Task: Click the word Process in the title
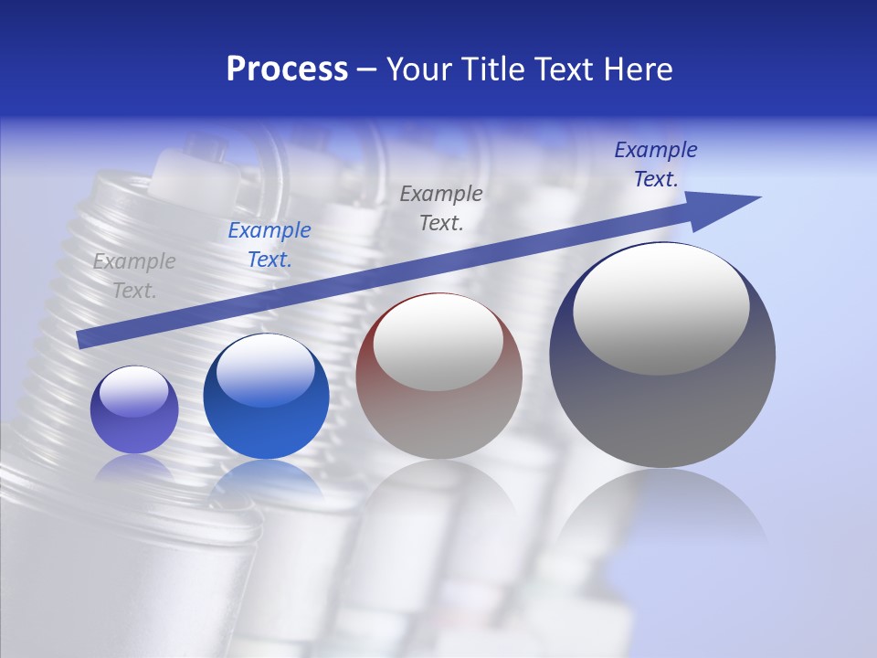[287, 69]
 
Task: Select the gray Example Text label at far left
[134, 276]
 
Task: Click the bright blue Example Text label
[269, 245]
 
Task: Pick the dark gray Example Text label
[441, 207]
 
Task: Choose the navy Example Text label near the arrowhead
[655, 164]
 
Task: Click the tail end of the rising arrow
[82, 339]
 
